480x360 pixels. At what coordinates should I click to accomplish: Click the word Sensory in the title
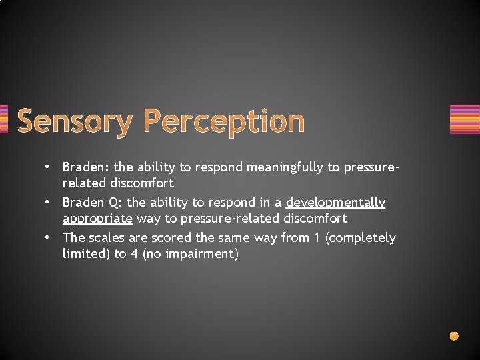[x=75, y=122]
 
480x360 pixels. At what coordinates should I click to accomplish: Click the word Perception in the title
[x=224, y=122]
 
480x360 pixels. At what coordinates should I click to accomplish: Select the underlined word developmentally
[x=335, y=202]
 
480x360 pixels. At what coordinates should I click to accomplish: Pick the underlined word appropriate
[x=97, y=218]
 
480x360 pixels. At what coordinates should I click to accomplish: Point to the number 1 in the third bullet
[x=317, y=237]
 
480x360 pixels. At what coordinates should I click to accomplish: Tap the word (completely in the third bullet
[x=360, y=238]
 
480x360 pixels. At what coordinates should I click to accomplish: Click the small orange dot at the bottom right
[x=454, y=336]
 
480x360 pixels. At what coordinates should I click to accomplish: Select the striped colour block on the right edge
[x=465, y=119]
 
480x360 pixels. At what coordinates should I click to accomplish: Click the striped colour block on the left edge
[x=3, y=119]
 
